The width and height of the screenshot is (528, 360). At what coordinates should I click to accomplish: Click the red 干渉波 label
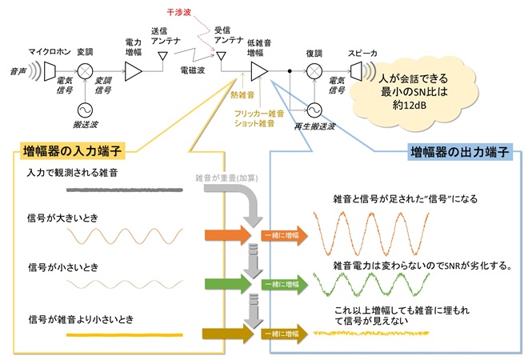pos(179,13)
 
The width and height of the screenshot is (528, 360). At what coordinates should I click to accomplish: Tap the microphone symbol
pos(50,71)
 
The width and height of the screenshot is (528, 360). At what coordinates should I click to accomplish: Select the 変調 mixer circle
pos(85,71)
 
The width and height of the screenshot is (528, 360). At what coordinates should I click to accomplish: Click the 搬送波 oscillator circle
pos(85,110)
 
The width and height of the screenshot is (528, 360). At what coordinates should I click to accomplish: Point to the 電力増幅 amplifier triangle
pos(133,71)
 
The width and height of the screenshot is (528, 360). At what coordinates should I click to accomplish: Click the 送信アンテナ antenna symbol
pos(163,56)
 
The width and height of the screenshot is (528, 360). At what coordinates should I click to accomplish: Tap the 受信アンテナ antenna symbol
pos(221,56)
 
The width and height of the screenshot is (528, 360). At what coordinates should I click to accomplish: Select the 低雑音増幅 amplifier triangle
pos(259,71)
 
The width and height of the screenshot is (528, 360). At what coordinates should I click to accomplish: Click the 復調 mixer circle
pos(314,71)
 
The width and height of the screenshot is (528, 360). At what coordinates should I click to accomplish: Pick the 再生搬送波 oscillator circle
pos(314,110)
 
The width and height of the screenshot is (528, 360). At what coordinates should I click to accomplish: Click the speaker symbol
pos(356,71)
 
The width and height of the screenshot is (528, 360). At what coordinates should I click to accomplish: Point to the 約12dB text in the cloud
pos(409,105)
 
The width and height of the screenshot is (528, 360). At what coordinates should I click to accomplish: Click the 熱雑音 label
pos(242,95)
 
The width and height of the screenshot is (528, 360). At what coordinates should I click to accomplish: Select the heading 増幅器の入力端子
pos(72,150)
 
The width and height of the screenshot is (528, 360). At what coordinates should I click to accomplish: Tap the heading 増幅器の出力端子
pos(460,152)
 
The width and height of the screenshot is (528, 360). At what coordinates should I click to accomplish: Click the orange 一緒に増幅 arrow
pos(285,235)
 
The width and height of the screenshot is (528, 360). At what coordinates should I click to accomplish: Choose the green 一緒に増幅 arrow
pos(285,284)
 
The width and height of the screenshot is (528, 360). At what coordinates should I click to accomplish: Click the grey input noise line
pos(125,190)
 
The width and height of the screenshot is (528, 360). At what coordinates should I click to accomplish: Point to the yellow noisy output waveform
pos(371,334)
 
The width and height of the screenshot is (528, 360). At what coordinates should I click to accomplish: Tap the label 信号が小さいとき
pos(63,267)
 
